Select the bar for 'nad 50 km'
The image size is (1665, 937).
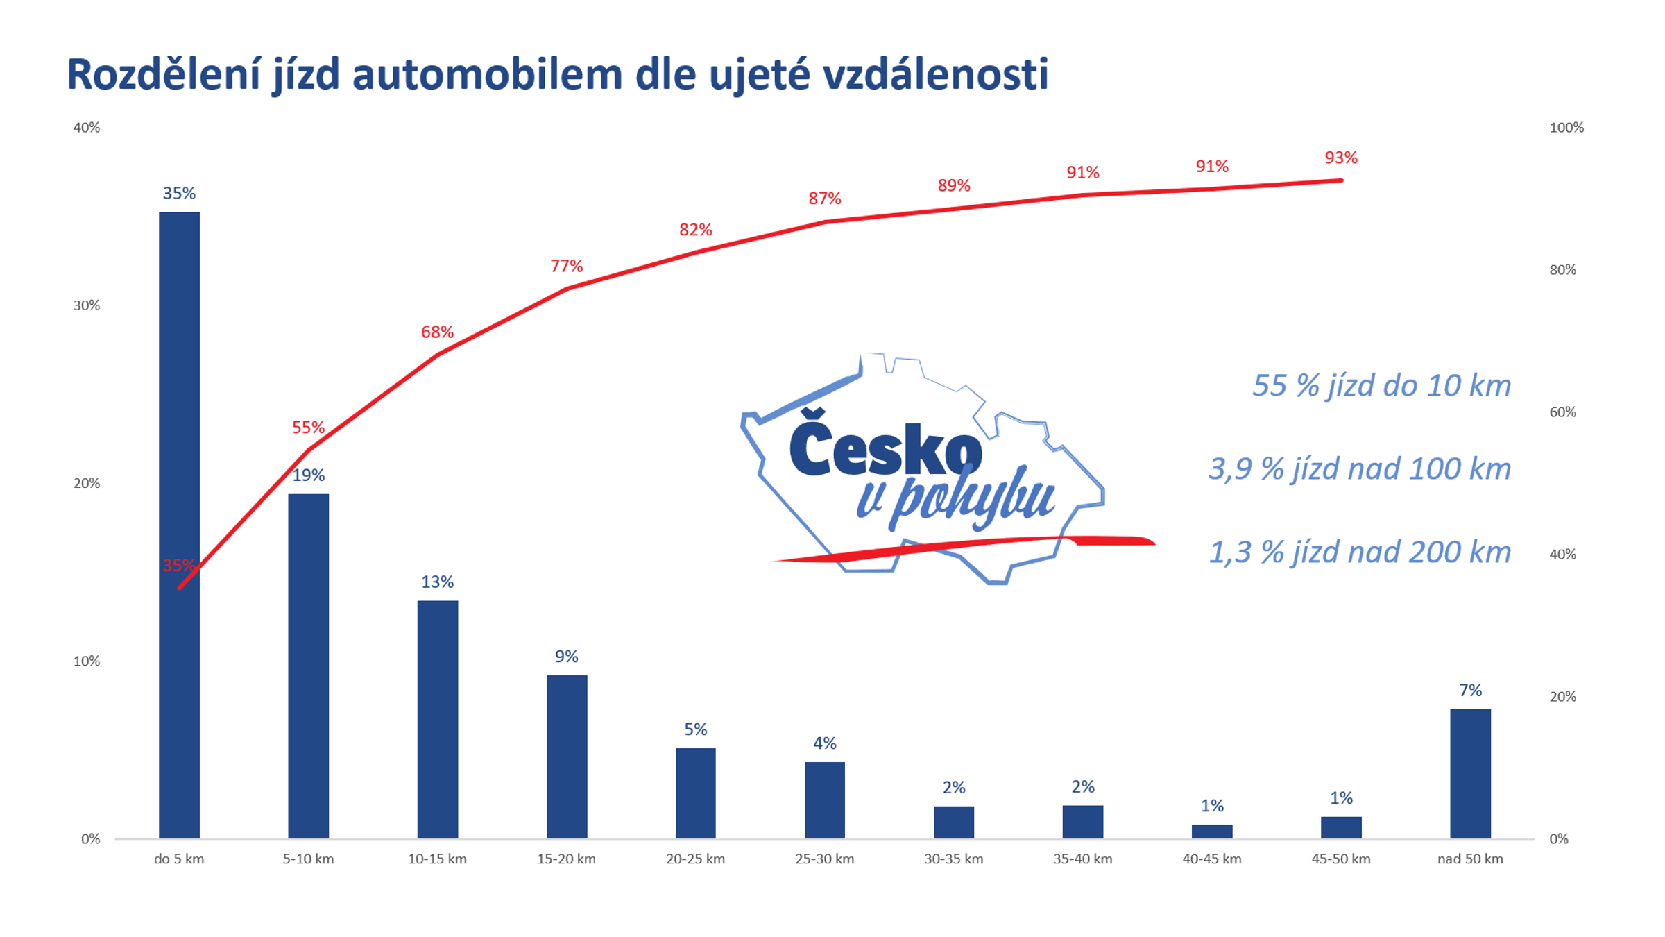[x=1469, y=773]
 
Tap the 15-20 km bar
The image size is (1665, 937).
[x=566, y=757]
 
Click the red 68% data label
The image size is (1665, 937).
[x=437, y=332]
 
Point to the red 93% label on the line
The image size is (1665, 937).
[x=1340, y=158]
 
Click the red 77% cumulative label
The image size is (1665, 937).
[x=566, y=267]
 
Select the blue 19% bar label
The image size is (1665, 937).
[x=308, y=475]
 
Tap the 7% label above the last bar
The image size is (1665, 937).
[x=1469, y=691]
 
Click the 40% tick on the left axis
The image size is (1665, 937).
[x=87, y=128]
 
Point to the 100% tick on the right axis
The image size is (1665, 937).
[x=1566, y=128]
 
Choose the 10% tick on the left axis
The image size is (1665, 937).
[x=87, y=661]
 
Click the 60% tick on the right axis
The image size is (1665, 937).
[x=1562, y=412]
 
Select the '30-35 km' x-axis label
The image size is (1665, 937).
[x=953, y=859]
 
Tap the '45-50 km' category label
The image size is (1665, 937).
[x=1340, y=859]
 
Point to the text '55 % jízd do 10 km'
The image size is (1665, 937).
[x=1381, y=386]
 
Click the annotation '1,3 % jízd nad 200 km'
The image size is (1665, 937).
[x=1359, y=552]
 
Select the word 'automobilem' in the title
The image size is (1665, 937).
[x=487, y=74]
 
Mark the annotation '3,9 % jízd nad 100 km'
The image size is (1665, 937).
[x=1359, y=469]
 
